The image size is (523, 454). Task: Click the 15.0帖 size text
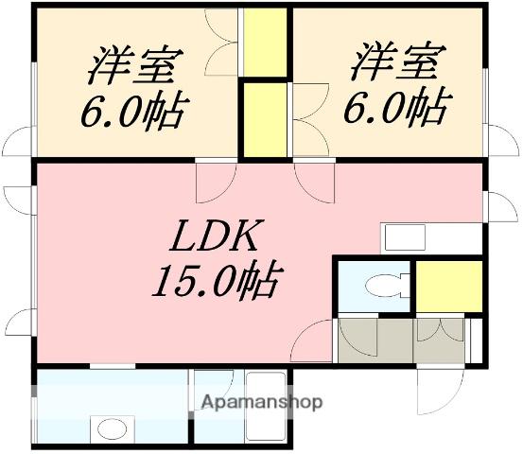click(x=217, y=281)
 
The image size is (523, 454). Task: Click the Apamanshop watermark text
click(x=261, y=402)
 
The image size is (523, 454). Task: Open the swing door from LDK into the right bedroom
click(x=316, y=177)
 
